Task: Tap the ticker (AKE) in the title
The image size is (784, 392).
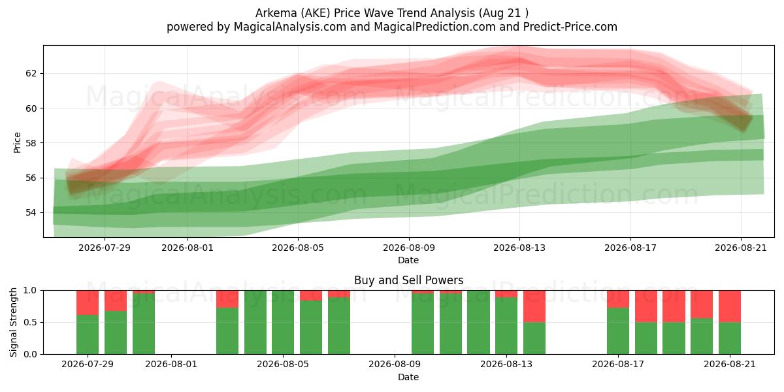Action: click(314, 13)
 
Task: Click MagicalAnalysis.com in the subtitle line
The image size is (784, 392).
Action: click(290, 27)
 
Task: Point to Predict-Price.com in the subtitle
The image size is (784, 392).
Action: click(570, 27)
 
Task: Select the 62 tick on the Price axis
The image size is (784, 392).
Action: click(31, 73)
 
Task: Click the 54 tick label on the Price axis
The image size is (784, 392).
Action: click(31, 212)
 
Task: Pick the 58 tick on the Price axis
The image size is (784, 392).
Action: click(31, 143)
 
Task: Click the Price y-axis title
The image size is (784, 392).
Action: click(17, 142)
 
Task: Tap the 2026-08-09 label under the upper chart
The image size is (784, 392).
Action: click(409, 248)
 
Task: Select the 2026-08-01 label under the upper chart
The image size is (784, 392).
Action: click(188, 248)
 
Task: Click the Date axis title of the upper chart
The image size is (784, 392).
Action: click(408, 260)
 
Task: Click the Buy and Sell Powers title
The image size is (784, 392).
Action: click(408, 280)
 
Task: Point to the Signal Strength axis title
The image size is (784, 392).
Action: click(13, 322)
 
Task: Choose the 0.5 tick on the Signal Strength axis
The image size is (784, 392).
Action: click(30, 322)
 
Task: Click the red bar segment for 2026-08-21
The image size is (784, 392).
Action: click(729, 306)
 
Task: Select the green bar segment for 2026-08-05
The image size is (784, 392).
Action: click(283, 322)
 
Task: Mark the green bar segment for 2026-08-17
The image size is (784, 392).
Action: click(618, 331)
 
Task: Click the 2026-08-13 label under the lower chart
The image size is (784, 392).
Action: click(506, 365)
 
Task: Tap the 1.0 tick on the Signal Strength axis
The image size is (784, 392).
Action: click(30, 290)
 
